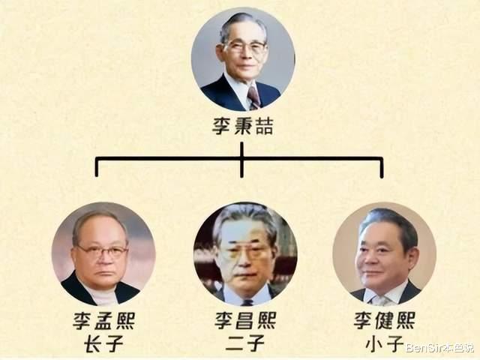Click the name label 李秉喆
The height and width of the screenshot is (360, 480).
click(x=242, y=127)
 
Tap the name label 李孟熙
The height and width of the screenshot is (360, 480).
click(x=103, y=320)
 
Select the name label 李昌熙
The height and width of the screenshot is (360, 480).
click(x=245, y=320)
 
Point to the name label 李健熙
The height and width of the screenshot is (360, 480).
click(x=385, y=320)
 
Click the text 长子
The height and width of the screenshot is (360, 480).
click(x=103, y=343)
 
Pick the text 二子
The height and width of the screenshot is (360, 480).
click(x=245, y=343)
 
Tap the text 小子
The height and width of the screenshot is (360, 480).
click(x=385, y=343)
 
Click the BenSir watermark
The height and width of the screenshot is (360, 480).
click(x=440, y=348)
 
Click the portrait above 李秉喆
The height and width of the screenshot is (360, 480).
click(x=243, y=59)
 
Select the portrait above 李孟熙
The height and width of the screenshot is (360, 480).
click(x=103, y=253)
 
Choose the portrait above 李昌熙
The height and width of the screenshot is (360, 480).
click(x=245, y=253)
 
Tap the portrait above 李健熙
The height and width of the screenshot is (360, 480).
click(x=385, y=253)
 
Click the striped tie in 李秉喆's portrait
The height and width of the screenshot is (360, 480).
click(x=254, y=97)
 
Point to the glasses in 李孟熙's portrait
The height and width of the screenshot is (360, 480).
click(x=102, y=252)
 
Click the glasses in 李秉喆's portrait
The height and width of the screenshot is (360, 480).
click(x=246, y=46)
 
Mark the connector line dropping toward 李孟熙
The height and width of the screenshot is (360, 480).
click(x=97, y=167)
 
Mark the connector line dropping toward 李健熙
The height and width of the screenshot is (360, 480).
click(x=382, y=168)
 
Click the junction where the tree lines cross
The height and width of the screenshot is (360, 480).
click(x=241, y=159)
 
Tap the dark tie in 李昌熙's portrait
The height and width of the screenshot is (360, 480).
click(x=247, y=302)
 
